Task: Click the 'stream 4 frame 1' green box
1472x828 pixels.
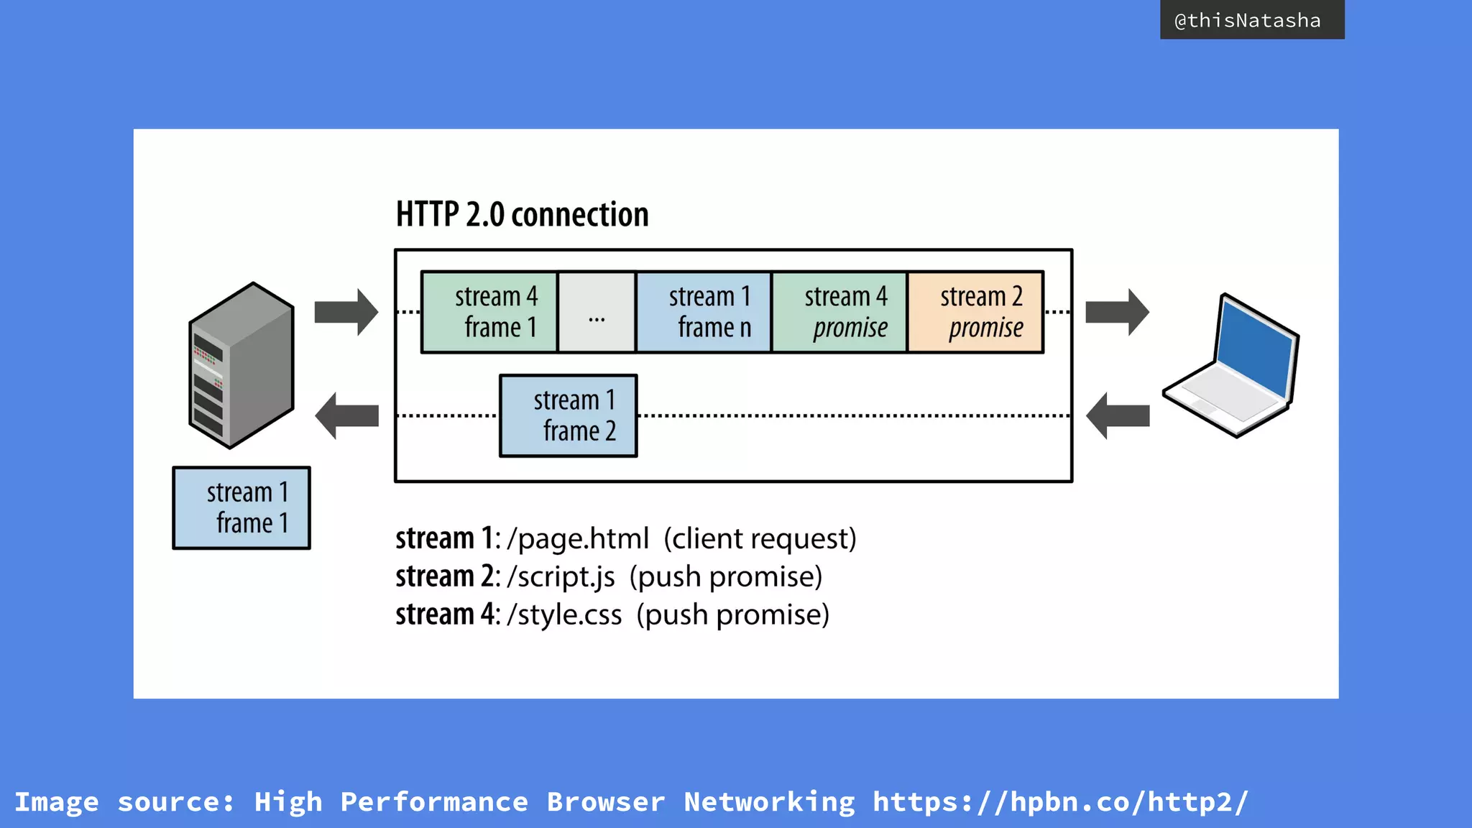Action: coord(489,312)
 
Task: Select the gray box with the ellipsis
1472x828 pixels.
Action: coord(597,312)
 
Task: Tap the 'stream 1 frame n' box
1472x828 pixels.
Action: coord(704,312)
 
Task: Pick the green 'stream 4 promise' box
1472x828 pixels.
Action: coord(839,312)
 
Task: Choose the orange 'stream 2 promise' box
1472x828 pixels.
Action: coord(975,312)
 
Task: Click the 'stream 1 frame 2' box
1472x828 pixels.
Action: coord(569,415)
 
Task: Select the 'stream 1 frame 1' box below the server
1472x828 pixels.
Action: coord(241,507)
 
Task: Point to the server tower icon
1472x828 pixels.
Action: coord(241,365)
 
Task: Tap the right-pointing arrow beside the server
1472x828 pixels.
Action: coord(346,312)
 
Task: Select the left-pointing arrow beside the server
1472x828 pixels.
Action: coord(346,415)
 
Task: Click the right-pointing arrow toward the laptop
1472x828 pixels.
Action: coord(1117,312)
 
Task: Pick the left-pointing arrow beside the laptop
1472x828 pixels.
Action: coord(1117,415)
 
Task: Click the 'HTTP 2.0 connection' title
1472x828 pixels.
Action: coord(522,214)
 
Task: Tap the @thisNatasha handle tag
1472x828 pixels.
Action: coord(1251,20)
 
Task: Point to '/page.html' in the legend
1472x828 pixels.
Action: coord(578,538)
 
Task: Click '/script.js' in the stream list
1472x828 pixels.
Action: coord(561,576)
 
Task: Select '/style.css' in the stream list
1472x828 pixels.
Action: coord(564,615)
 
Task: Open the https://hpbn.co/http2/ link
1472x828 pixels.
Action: coord(1060,801)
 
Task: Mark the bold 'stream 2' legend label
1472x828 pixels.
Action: coord(444,576)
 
